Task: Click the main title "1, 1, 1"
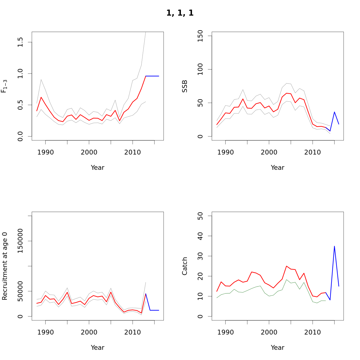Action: point(180,13)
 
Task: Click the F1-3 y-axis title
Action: point(4,86)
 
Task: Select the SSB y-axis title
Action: point(185,86)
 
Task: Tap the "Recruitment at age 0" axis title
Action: point(5,266)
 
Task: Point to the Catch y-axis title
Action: point(185,266)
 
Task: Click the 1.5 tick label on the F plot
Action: point(20,42)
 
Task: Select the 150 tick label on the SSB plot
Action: point(200,36)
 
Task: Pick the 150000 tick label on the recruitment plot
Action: point(20,241)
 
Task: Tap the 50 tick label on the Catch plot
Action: point(200,216)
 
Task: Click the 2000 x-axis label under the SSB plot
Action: point(269,152)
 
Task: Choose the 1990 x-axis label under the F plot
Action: point(45,152)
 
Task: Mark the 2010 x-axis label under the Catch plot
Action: point(313,332)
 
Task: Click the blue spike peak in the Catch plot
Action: point(334,246)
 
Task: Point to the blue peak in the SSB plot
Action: point(334,112)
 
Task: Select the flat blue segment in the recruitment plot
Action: point(154,310)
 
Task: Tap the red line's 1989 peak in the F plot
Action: point(41,97)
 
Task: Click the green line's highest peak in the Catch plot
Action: point(286,280)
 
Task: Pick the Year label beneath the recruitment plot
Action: point(97,348)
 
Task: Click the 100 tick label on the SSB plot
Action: point(200,69)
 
